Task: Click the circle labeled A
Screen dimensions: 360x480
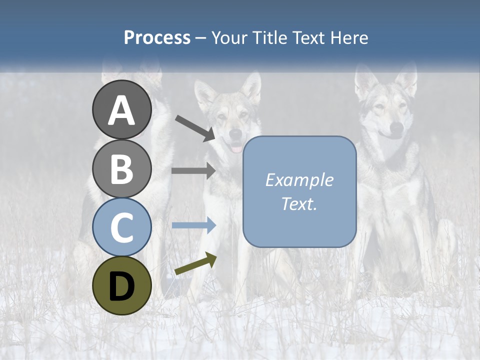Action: tap(121, 110)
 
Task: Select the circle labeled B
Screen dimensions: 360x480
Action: tap(121, 168)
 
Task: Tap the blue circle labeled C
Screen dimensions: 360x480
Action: tap(121, 227)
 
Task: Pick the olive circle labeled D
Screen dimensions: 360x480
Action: tap(121, 285)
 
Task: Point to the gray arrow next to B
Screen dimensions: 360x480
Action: tap(193, 170)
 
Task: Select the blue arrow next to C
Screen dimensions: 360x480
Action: tap(193, 225)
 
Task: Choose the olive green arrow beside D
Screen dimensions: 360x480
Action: tap(195, 264)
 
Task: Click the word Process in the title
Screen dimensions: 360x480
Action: tap(157, 37)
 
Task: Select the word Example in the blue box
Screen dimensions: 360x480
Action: tap(299, 180)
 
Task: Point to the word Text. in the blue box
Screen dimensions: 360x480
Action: tap(299, 203)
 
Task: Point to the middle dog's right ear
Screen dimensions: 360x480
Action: tap(251, 86)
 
